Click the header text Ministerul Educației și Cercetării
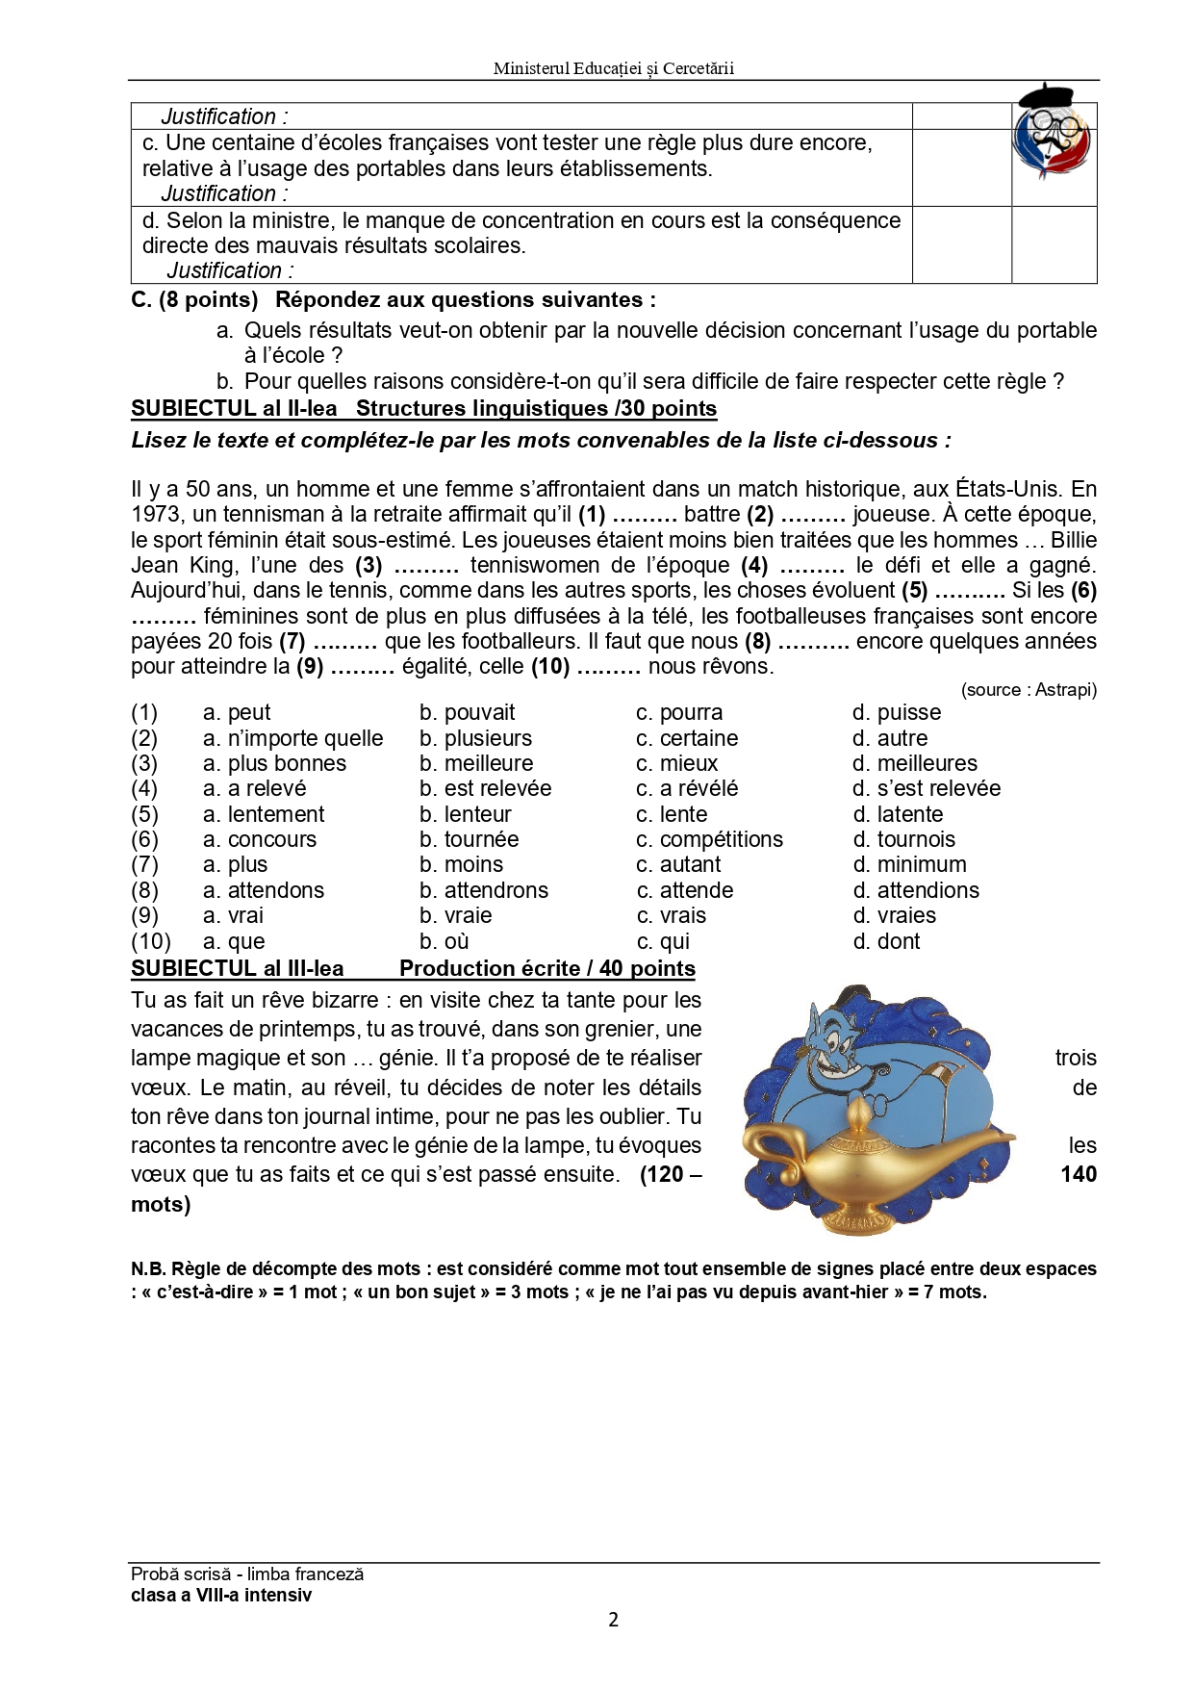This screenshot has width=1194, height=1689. click(613, 68)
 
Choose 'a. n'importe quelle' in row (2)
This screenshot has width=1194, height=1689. click(293, 738)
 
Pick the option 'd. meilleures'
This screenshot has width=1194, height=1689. click(915, 763)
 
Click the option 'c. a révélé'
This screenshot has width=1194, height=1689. click(687, 788)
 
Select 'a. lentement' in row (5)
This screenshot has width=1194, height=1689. click(264, 814)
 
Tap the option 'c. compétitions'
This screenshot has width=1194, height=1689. click(710, 839)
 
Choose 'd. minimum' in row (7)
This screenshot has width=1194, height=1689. click(910, 864)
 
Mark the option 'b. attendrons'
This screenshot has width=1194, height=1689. click(484, 890)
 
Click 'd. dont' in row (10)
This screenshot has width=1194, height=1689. click(887, 941)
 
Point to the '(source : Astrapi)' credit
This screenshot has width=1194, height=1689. click(1029, 690)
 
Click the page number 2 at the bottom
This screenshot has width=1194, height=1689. click(614, 1620)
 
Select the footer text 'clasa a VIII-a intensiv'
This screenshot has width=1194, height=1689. click(221, 1595)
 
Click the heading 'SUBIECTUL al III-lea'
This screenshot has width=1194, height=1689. click(238, 968)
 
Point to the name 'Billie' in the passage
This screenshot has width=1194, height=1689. click(1074, 540)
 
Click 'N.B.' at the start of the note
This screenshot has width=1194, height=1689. click(148, 1269)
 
